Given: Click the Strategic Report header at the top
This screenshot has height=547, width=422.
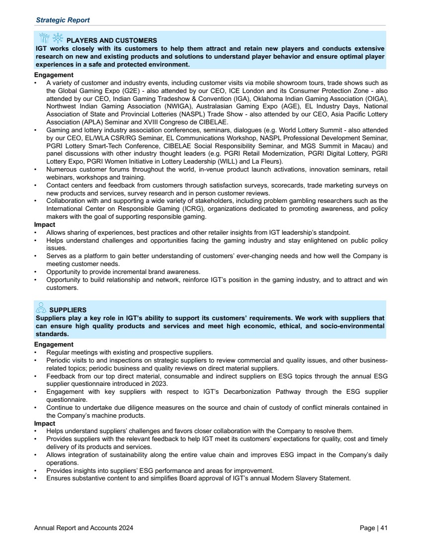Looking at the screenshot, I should pos(63,20).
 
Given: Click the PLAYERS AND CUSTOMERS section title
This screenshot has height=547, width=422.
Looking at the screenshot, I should pos(112,40).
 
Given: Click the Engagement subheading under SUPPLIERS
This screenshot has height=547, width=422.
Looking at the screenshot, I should pos(54,344).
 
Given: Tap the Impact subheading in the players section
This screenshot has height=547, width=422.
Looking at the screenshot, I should pos(44,225).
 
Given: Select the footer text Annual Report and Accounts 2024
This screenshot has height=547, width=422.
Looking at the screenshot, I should pos(84,528).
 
